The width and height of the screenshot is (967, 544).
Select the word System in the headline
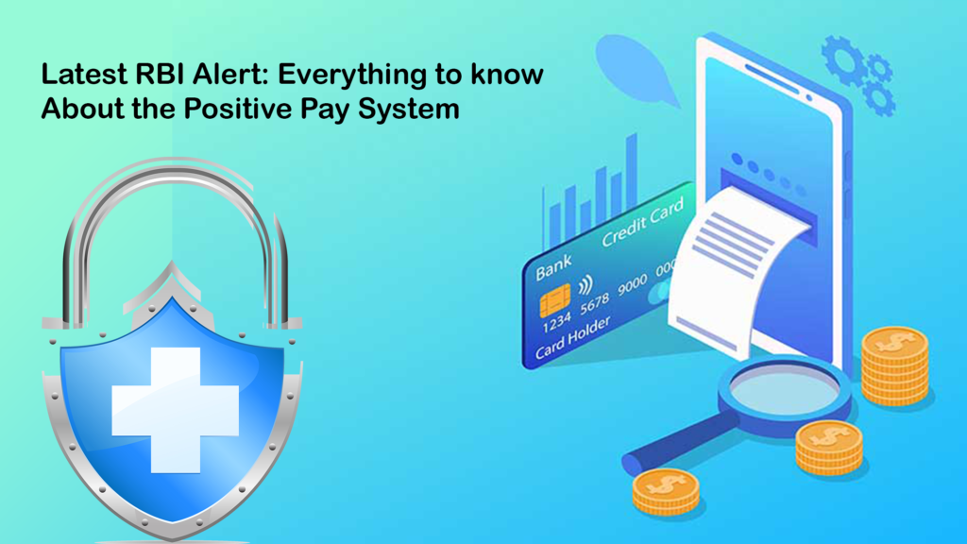click(411, 109)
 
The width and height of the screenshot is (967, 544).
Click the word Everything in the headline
click(344, 76)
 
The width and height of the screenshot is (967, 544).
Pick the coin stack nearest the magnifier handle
click(665, 491)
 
